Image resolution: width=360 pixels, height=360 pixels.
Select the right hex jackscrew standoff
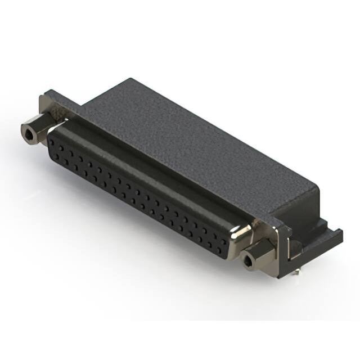(x=255, y=256)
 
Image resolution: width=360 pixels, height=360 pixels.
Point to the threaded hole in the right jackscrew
(x=249, y=260)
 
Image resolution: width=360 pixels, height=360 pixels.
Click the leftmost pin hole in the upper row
(x=53, y=141)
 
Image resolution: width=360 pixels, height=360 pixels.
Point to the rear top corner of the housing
(x=131, y=80)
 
